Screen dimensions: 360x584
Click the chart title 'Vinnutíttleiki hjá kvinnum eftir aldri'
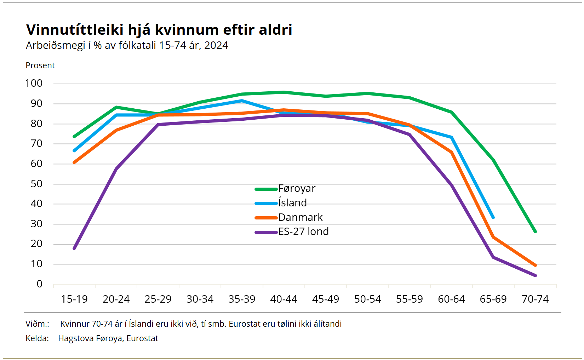[159, 30]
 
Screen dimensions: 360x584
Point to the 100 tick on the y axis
[34, 84]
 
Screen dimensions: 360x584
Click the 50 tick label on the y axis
[36, 184]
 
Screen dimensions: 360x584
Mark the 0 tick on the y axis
[39, 284]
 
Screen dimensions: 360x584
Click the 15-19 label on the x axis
[74, 299]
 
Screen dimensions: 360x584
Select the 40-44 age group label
[284, 299]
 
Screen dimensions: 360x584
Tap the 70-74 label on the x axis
[535, 299]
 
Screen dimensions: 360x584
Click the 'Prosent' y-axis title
[40, 65]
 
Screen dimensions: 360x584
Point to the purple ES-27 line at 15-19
[74, 248]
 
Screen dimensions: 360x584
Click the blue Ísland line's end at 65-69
[493, 217]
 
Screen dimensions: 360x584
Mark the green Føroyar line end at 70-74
[535, 232]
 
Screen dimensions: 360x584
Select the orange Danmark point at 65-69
[493, 237]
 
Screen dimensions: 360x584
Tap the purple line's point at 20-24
[116, 169]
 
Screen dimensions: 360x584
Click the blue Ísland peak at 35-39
[242, 101]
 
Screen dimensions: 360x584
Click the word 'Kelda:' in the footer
[37, 338]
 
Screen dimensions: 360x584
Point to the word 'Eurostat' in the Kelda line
[142, 338]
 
